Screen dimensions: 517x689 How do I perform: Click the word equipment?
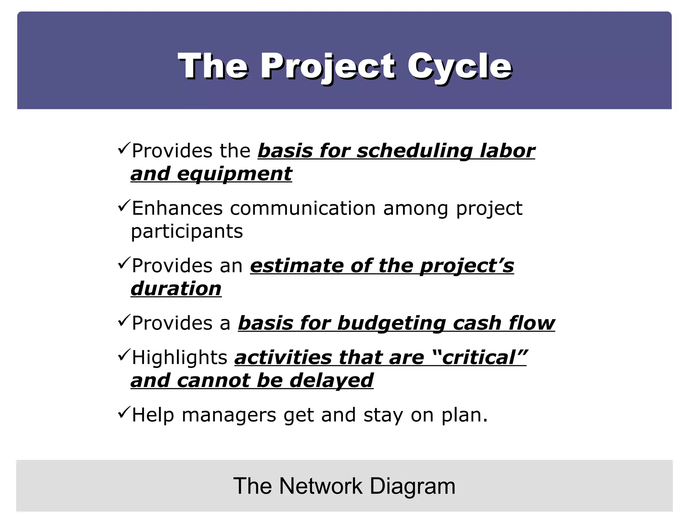tap(234, 174)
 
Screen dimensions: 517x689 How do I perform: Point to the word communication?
tap(303, 208)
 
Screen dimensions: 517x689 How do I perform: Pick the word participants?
tap(187, 232)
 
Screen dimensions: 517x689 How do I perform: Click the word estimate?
tap(296, 266)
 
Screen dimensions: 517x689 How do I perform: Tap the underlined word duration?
tap(176, 289)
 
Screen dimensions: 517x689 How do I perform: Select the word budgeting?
tap(391, 323)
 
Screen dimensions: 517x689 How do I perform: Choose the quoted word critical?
tap(479, 357)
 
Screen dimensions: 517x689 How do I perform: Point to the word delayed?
tap(331, 380)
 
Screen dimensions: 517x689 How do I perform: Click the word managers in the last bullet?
tap(229, 415)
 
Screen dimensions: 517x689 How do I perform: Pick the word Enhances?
tap(177, 208)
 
